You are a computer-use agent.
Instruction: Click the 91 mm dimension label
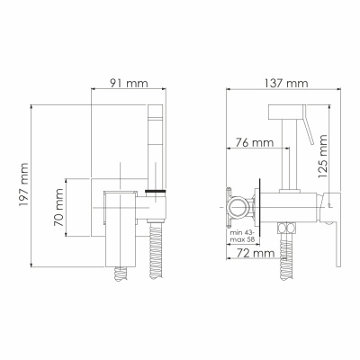[x=129, y=83]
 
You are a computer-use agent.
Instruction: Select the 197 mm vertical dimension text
[x=23, y=184]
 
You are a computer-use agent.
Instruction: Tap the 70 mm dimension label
[x=58, y=207]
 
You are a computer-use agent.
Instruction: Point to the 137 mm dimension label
[x=286, y=83]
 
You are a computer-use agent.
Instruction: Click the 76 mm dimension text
[x=254, y=142]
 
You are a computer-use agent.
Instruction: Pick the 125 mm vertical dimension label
[x=323, y=157]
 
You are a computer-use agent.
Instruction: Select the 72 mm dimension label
[x=256, y=253]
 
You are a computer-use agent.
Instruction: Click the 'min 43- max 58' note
[x=242, y=237]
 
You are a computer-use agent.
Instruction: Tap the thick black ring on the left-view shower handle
[x=156, y=191]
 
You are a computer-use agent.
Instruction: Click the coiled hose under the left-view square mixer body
[x=121, y=274]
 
